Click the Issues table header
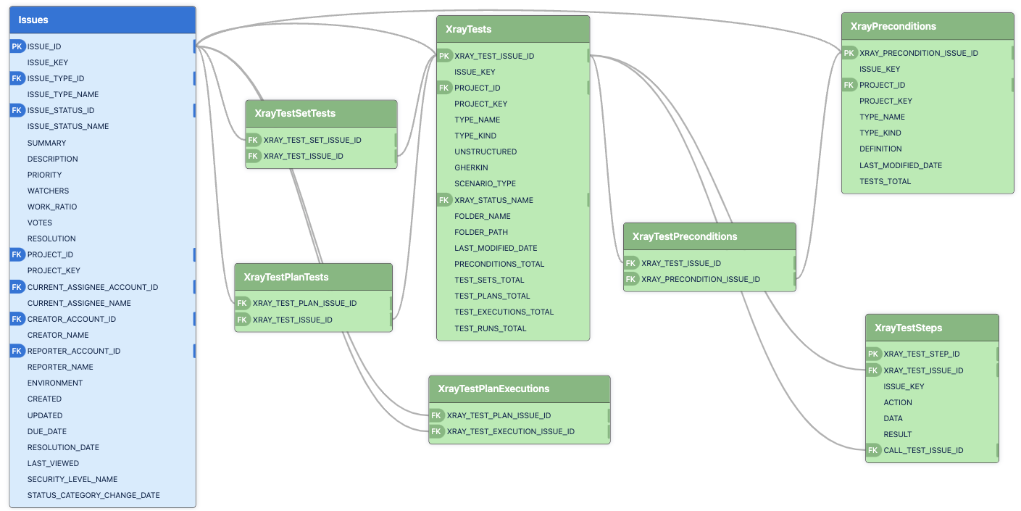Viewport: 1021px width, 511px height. point(102,20)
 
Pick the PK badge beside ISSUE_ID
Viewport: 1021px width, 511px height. point(17,46)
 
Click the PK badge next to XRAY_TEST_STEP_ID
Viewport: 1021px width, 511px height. point(874,354)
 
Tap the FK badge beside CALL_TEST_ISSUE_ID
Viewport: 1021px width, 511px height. point(874,450)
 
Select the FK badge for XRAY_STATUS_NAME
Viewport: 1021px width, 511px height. point(445,200)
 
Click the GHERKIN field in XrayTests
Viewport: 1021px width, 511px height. point(471,167)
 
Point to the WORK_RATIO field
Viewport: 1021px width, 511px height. point(52,207)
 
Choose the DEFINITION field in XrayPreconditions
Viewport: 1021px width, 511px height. point(880,149)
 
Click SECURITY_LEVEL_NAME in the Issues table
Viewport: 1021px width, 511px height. point(72,479)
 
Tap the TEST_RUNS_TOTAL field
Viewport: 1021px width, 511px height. point(491,328)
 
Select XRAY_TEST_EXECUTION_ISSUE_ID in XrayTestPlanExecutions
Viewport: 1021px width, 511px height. point(511,431)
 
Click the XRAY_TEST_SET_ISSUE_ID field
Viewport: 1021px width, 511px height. point(312,140)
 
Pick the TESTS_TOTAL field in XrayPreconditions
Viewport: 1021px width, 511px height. point(885,181)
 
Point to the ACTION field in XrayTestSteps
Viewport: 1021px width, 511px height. point(898,402)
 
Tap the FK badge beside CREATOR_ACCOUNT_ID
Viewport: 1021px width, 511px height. point(17,319)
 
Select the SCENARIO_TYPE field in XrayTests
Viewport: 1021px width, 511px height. point(485,183)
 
